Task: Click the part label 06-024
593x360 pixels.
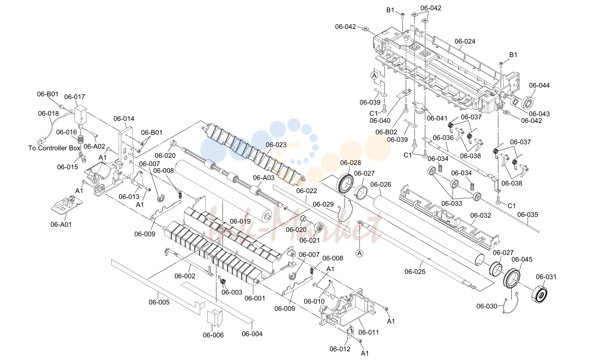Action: [x=465, y=41]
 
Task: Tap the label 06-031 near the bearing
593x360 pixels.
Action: [x=546, y=277]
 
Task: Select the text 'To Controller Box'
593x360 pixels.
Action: [x=54, y=148]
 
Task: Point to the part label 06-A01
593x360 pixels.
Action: [x=61, y=224]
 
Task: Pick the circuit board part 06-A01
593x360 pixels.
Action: [x=67, y=207]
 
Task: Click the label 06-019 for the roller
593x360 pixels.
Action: [x=240, y=221]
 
